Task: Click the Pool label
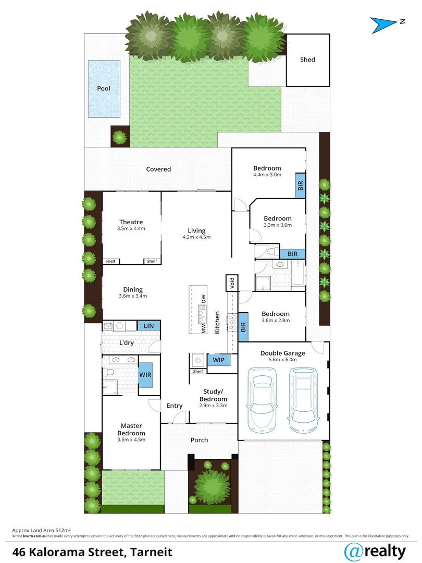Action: point(104,88)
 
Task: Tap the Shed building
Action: point(307,60)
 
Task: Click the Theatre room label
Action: point(131,222)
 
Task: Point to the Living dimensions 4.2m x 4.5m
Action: point(197,237)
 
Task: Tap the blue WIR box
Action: point(145,375)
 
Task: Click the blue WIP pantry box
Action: point(218,360)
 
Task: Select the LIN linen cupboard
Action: point(148,326)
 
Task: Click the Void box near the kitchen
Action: point(231,283)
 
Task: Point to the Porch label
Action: point(199,440)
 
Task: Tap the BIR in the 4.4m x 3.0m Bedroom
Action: point(300,185)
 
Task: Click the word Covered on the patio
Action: point(158,169)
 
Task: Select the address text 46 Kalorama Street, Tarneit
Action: point(92,551)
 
